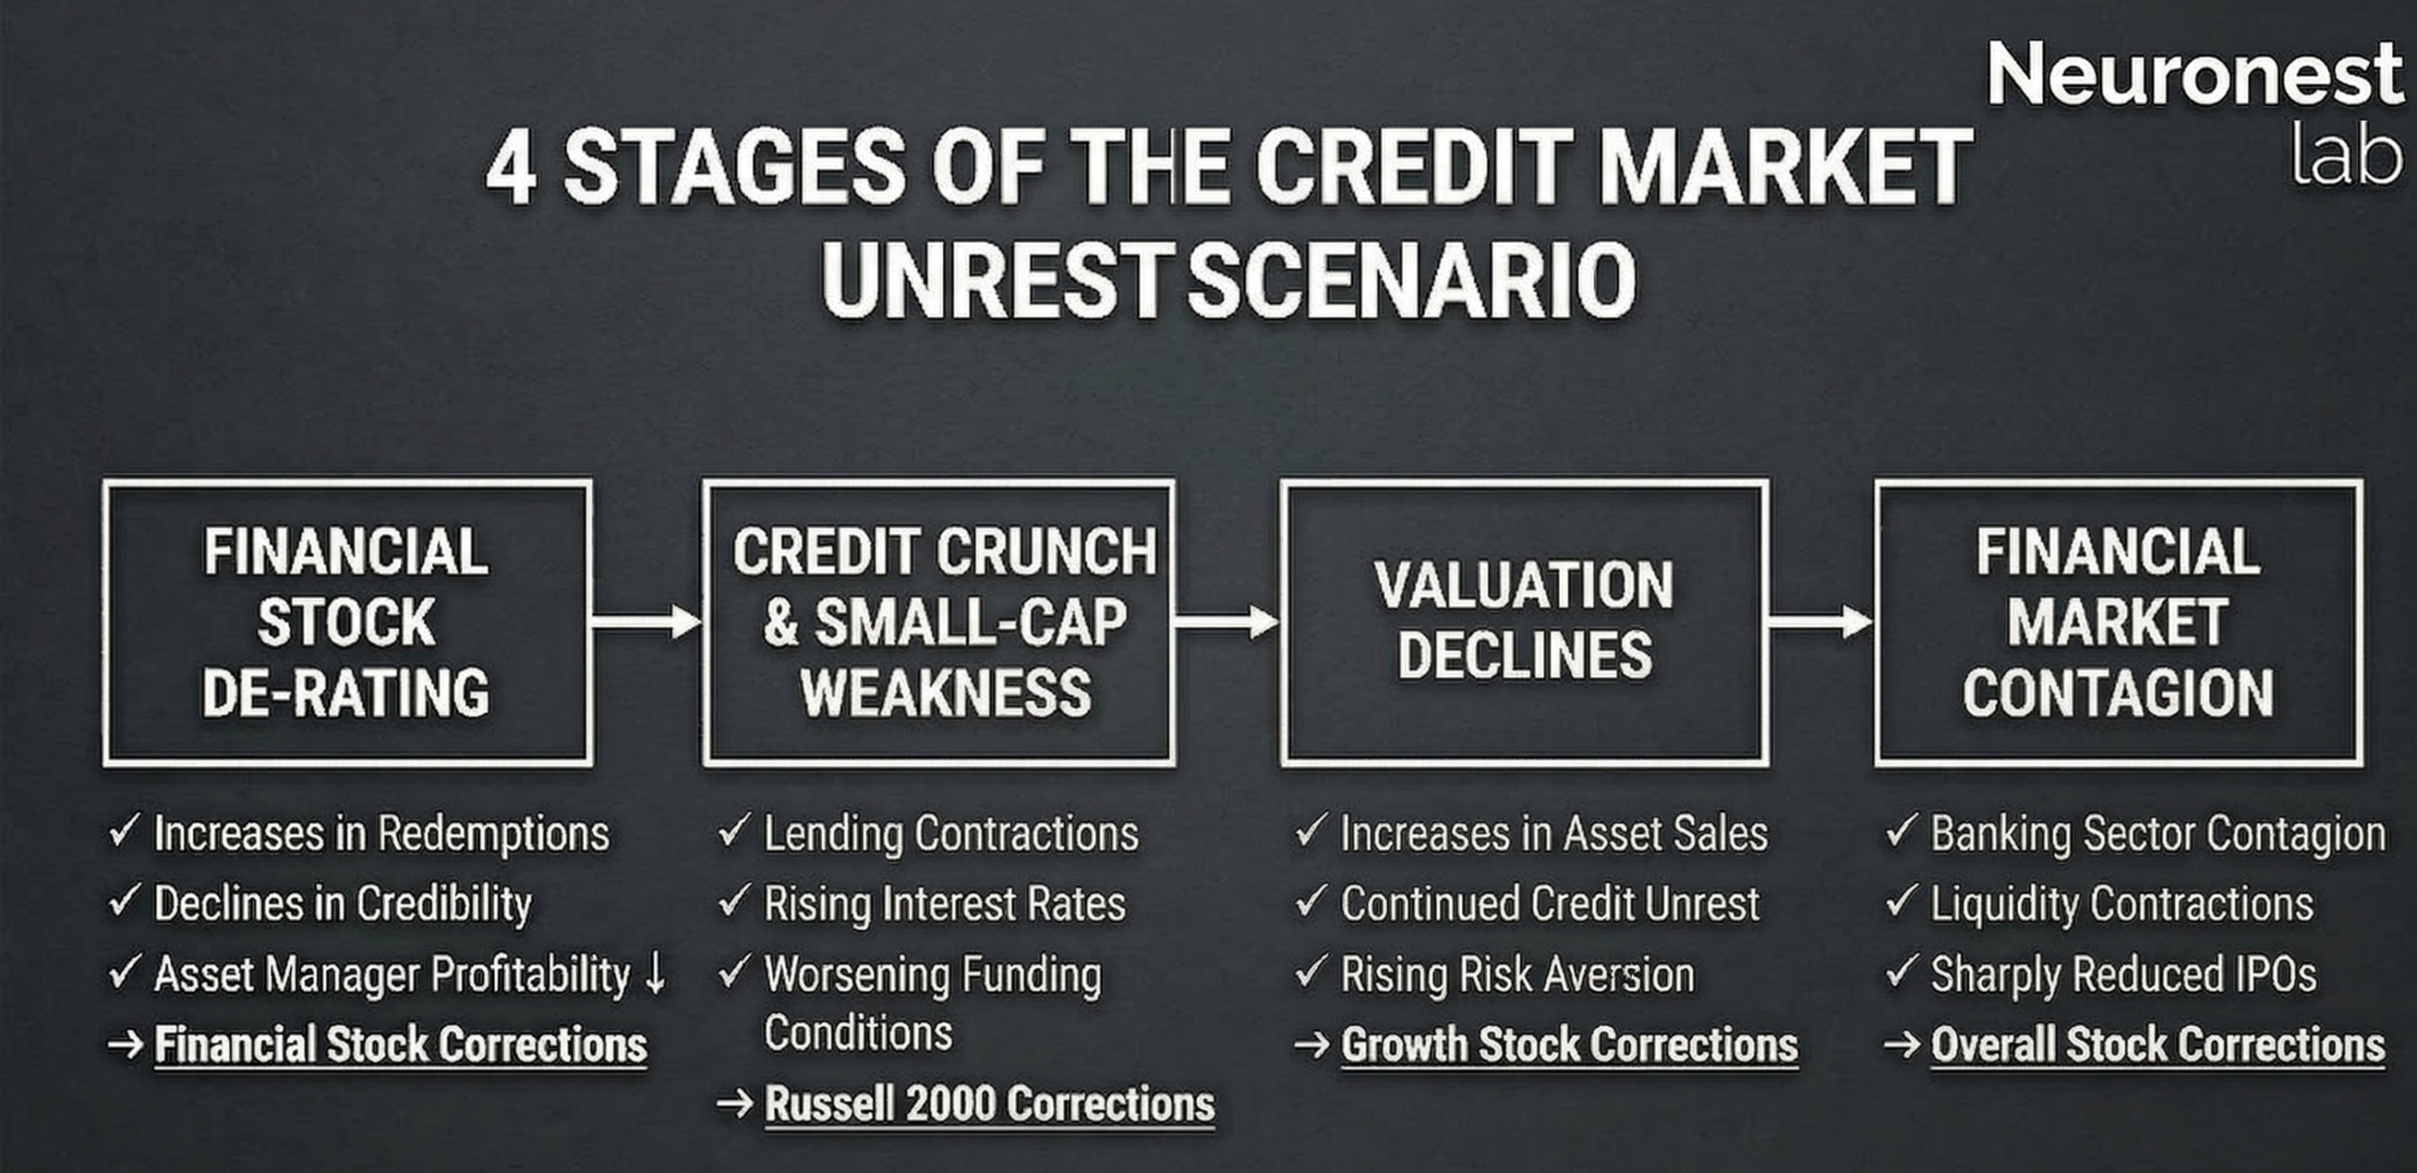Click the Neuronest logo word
tap(2194, 75)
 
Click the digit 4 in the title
tap(512, 169)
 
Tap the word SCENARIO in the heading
tap(1411, 280)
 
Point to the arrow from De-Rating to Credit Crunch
tap(647, 621)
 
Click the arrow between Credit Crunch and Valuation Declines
tap(1226, 621)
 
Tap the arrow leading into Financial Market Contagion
tap(1820, 621)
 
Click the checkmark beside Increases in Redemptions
tap(125, 831)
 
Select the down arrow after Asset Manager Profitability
tap(655, 974)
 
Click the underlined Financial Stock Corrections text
tap(400, 1045)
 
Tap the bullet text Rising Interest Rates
tap(944, 904)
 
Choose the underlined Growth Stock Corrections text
tap(1569, 1045)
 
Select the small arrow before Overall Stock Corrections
tap(1901, 1045)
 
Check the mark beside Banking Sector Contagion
tap(1901, 831)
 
